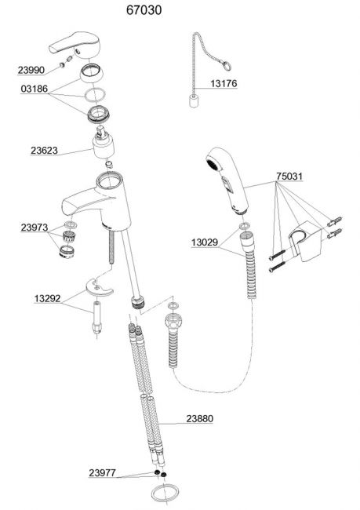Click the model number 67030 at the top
click(x=144, y=10)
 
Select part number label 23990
click(x=31, y=70)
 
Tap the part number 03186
click(x=35, y=89)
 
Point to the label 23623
click(x=44, y=151)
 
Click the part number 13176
click(x=224, y=84)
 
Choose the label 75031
click(x=289, y=177)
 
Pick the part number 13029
click(x=205, y=242)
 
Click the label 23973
click(x=35, y=228)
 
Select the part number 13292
click(x=48, y=298)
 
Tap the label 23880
click(x=200, y=419)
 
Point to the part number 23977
click(x=103, y=472)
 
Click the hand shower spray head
click(x=227, y=180)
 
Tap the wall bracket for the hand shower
click(x=304, y=240)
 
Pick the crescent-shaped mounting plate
click(x=99, y=287)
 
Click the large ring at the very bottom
click(x=165, y=492)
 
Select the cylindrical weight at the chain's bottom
click(x=194, y=101)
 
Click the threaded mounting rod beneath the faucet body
click(x=111, y=247)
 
